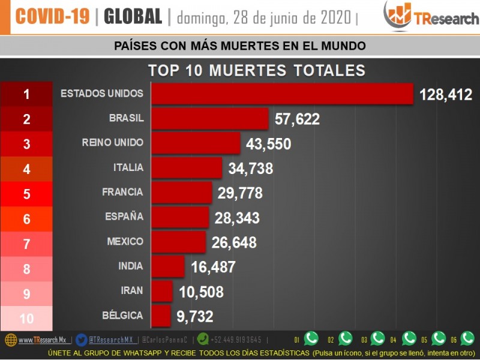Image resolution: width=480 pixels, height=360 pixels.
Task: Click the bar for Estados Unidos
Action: click(282, 94)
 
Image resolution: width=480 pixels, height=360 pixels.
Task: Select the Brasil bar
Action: click(209, 119)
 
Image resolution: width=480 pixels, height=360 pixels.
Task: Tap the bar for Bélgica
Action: click(161, 315)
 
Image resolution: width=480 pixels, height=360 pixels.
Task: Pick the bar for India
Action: click(168, 266)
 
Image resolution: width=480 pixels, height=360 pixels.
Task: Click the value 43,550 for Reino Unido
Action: click(268, 144)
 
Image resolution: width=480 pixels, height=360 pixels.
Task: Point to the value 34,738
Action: click(250, 169)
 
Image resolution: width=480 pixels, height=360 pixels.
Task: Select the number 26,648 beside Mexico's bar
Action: click(234, 242)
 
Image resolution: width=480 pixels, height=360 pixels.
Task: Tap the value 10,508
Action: click(201, 292)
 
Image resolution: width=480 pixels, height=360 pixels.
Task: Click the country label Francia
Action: click(122, 192)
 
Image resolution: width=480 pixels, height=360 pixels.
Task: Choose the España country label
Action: click(124, 217)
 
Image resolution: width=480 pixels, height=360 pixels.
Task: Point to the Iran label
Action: click(132, 290)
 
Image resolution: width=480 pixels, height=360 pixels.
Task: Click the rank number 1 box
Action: click(26, 94)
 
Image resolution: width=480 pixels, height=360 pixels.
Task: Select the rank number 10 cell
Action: click(26, 319)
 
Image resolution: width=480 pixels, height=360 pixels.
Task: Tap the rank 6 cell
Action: click(26, 219)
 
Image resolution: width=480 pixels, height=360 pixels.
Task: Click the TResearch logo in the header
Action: click(431, 16)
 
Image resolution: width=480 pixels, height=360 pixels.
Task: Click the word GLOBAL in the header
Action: click(133, 17)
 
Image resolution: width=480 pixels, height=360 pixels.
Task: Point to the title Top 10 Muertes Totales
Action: click(256, 70)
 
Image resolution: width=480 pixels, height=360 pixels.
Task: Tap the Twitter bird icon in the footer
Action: click(82, 340)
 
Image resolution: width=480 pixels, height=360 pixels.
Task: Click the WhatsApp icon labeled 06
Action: click(467, 338)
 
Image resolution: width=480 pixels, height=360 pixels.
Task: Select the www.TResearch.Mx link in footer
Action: click(42, 340)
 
